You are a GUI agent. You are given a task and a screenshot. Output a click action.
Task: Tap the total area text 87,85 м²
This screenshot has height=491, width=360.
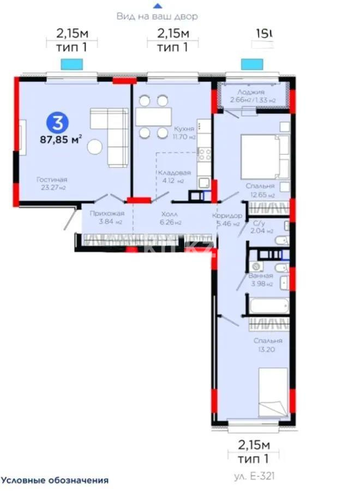(61, 139)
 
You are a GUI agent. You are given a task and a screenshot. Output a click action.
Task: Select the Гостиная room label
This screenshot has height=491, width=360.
(52, 179)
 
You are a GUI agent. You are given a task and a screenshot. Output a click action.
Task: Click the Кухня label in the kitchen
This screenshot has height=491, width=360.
(181, 129)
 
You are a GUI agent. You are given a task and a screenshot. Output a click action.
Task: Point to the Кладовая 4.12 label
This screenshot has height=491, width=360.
(171, 176)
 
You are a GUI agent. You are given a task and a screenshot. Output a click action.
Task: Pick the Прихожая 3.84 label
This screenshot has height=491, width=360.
(102, 217)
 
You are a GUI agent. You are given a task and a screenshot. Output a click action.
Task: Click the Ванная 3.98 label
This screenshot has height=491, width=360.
(260, 279)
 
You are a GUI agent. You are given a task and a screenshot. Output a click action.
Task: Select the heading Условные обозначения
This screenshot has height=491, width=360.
(55, 480)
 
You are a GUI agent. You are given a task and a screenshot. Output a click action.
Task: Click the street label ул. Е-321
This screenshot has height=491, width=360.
(254, 476)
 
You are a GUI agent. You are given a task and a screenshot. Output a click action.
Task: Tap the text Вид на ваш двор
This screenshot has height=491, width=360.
(157, 16)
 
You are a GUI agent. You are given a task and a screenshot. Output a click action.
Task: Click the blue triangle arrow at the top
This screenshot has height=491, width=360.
(157, 5)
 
